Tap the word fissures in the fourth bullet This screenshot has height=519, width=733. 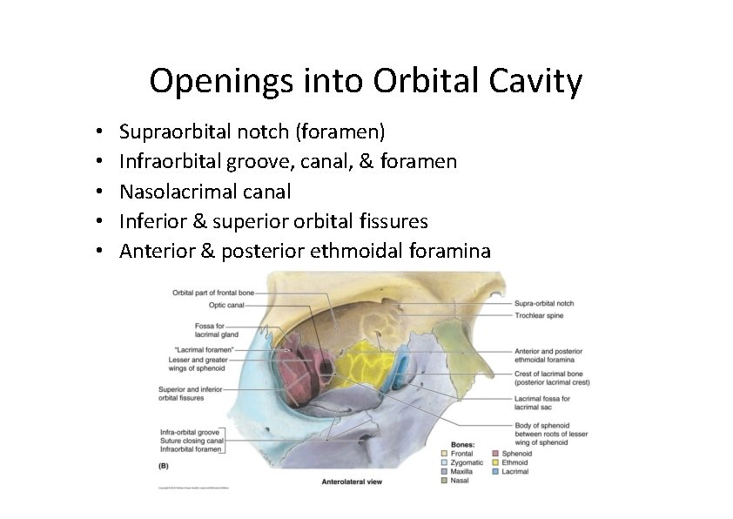[x=390, y=221]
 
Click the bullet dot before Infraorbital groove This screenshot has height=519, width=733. [x=101, y=162]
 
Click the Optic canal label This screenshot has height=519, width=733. [x=226, y=306]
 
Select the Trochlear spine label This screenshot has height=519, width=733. [x=539, y=315]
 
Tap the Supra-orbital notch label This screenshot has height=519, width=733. [x=544, y=303]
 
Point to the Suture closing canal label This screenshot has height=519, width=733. [x=192, y=441]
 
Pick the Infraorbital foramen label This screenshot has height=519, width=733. [x=192, y=450]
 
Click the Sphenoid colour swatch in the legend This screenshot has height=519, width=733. [x=495, y=454]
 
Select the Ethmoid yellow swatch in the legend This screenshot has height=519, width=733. [x=495, y=463]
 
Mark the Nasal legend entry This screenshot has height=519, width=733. [x=461, y=482]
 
